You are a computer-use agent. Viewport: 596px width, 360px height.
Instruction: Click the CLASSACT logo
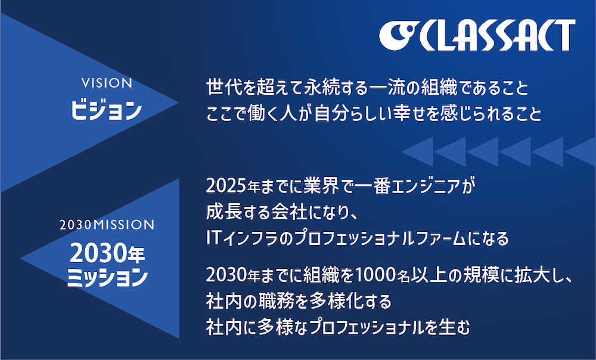pyautogui.click(x=477, y=35)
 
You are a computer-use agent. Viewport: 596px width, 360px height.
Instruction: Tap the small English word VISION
pyautogui.click(x=107, y=83)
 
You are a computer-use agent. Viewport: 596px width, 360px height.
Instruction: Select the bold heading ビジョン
pyautogui.click(x=107, y=110)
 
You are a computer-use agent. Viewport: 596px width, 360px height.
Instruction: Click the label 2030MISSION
pyautogui.click(x=107, y=225)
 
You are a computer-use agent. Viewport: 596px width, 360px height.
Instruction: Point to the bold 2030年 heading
pyautogui.click(x=107, y=253)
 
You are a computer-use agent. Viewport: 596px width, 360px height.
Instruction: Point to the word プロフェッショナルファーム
pyautogui.click(x=380, y=239)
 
